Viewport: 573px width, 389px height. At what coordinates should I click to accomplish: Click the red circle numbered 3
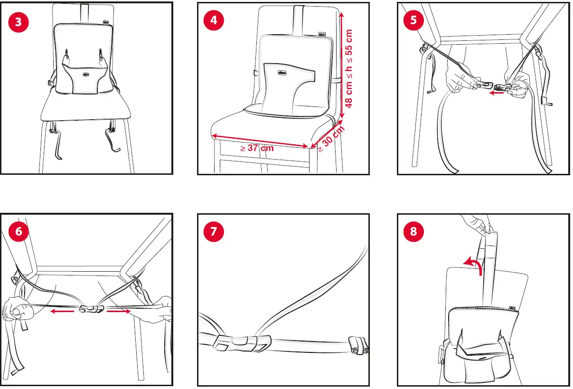click(19, 22)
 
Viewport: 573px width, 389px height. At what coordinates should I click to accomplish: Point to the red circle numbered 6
click(19, 232)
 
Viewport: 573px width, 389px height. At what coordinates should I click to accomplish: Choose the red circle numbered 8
click(413, 232)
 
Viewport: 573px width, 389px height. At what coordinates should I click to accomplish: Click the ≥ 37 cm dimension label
click(257, 148)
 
